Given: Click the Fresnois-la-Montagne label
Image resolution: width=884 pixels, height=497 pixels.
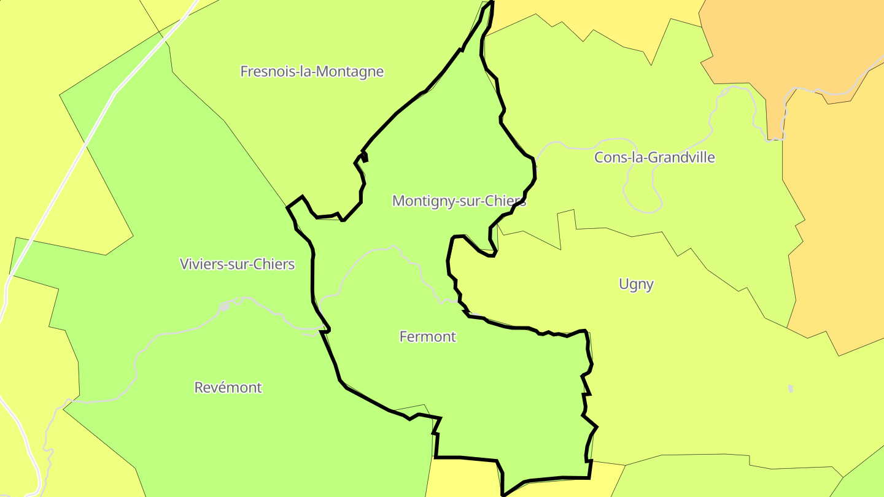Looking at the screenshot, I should click(312, 72).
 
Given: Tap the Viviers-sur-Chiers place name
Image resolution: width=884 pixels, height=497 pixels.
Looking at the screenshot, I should click(237, 264).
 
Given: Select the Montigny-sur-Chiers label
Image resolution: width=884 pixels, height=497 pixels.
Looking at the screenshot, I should click(459, 201).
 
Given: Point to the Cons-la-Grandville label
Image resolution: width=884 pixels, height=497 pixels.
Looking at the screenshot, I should click(654, 158).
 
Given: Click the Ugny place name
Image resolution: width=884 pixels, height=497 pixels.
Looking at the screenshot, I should click(636, 284).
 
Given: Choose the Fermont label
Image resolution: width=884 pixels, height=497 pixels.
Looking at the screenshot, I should click(428, 337).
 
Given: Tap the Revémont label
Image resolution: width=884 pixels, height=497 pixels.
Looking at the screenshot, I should click(228, 388).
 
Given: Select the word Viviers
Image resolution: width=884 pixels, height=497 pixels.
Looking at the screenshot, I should click(200, 264).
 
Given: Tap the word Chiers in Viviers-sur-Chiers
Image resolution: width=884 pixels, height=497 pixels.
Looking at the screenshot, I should click(276, 264).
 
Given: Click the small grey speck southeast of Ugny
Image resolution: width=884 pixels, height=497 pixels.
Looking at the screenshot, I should click(791, 388).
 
